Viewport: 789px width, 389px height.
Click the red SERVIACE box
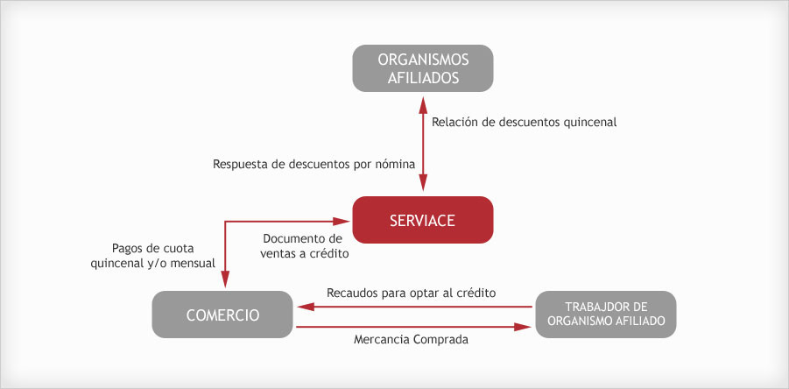coord(423,220)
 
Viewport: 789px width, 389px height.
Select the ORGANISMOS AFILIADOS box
coord(423,68)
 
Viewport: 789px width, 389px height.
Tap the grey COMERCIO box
coord(222,315)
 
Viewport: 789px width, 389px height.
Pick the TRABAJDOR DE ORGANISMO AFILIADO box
coord(606,315)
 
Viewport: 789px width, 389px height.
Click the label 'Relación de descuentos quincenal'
coord(524,123)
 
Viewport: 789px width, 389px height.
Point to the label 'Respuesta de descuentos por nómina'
coord(314,165)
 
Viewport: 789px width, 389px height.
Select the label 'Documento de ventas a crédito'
coord(305,246)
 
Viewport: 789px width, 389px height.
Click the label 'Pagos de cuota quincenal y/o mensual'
coord(153,256)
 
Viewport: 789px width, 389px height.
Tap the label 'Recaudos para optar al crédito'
coord(411,293)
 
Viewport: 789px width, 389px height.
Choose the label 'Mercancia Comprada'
coord(411,340)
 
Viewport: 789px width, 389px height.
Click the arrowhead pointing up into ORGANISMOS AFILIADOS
coord(423,105)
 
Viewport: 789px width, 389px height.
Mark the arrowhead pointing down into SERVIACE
coord(423,182)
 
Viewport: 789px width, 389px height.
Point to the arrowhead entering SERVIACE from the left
coord(342,221)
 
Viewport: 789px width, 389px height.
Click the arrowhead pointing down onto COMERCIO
coord(225,279)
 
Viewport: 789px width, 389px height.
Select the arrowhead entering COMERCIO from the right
coord(306,307)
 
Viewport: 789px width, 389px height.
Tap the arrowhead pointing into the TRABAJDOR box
coord(523,327)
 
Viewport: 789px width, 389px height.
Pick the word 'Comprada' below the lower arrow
coord(440,340)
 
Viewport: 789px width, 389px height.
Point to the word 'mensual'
coord(194,263)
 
